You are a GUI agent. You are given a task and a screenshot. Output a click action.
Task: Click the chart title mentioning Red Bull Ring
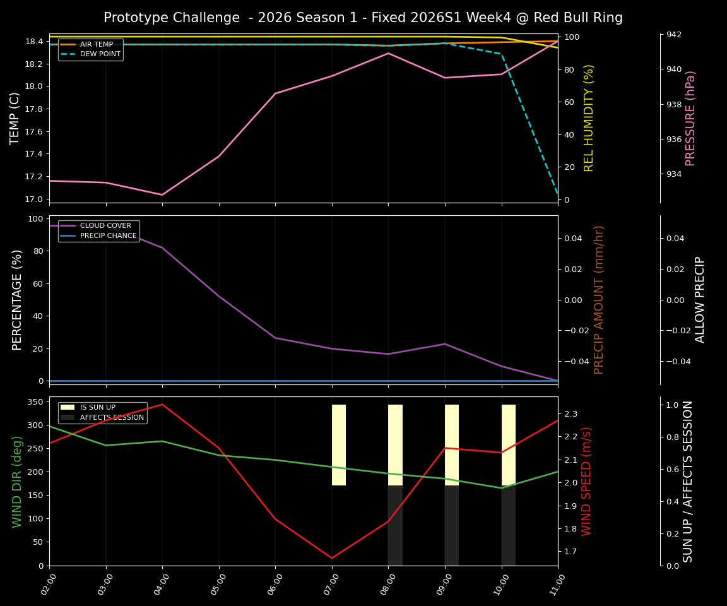[363, 18]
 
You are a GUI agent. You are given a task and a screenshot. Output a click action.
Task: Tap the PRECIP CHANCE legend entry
[108, 236]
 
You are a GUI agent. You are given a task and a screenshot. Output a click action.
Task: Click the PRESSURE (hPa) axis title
[690, 118]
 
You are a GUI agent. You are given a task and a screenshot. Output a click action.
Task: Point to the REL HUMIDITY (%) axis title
[589, 118]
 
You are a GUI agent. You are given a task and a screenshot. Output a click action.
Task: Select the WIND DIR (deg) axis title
[17, 481]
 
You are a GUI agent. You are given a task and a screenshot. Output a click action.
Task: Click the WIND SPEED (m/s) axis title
[586, 481]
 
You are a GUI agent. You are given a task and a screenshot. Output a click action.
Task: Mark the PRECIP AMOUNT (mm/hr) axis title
[599, 300]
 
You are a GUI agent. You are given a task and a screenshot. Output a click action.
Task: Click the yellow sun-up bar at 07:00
[339, 445]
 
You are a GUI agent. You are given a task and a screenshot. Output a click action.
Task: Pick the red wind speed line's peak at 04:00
[162, 404]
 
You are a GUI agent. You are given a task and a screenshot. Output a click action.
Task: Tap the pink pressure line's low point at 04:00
[162, 194]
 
